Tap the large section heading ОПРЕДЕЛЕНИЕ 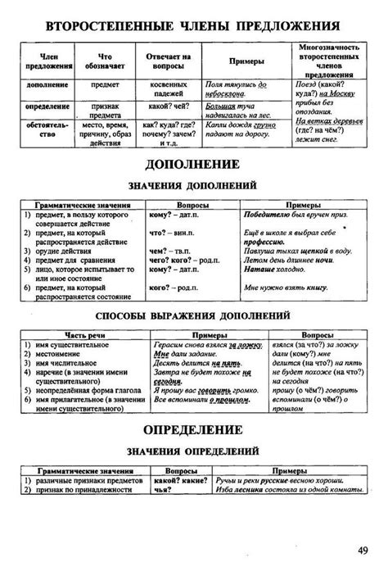(x=193, y=429)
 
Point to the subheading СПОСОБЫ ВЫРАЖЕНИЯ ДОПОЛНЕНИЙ (x=194, y=315)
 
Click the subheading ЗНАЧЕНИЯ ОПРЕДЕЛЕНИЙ (x=193, y=450)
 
